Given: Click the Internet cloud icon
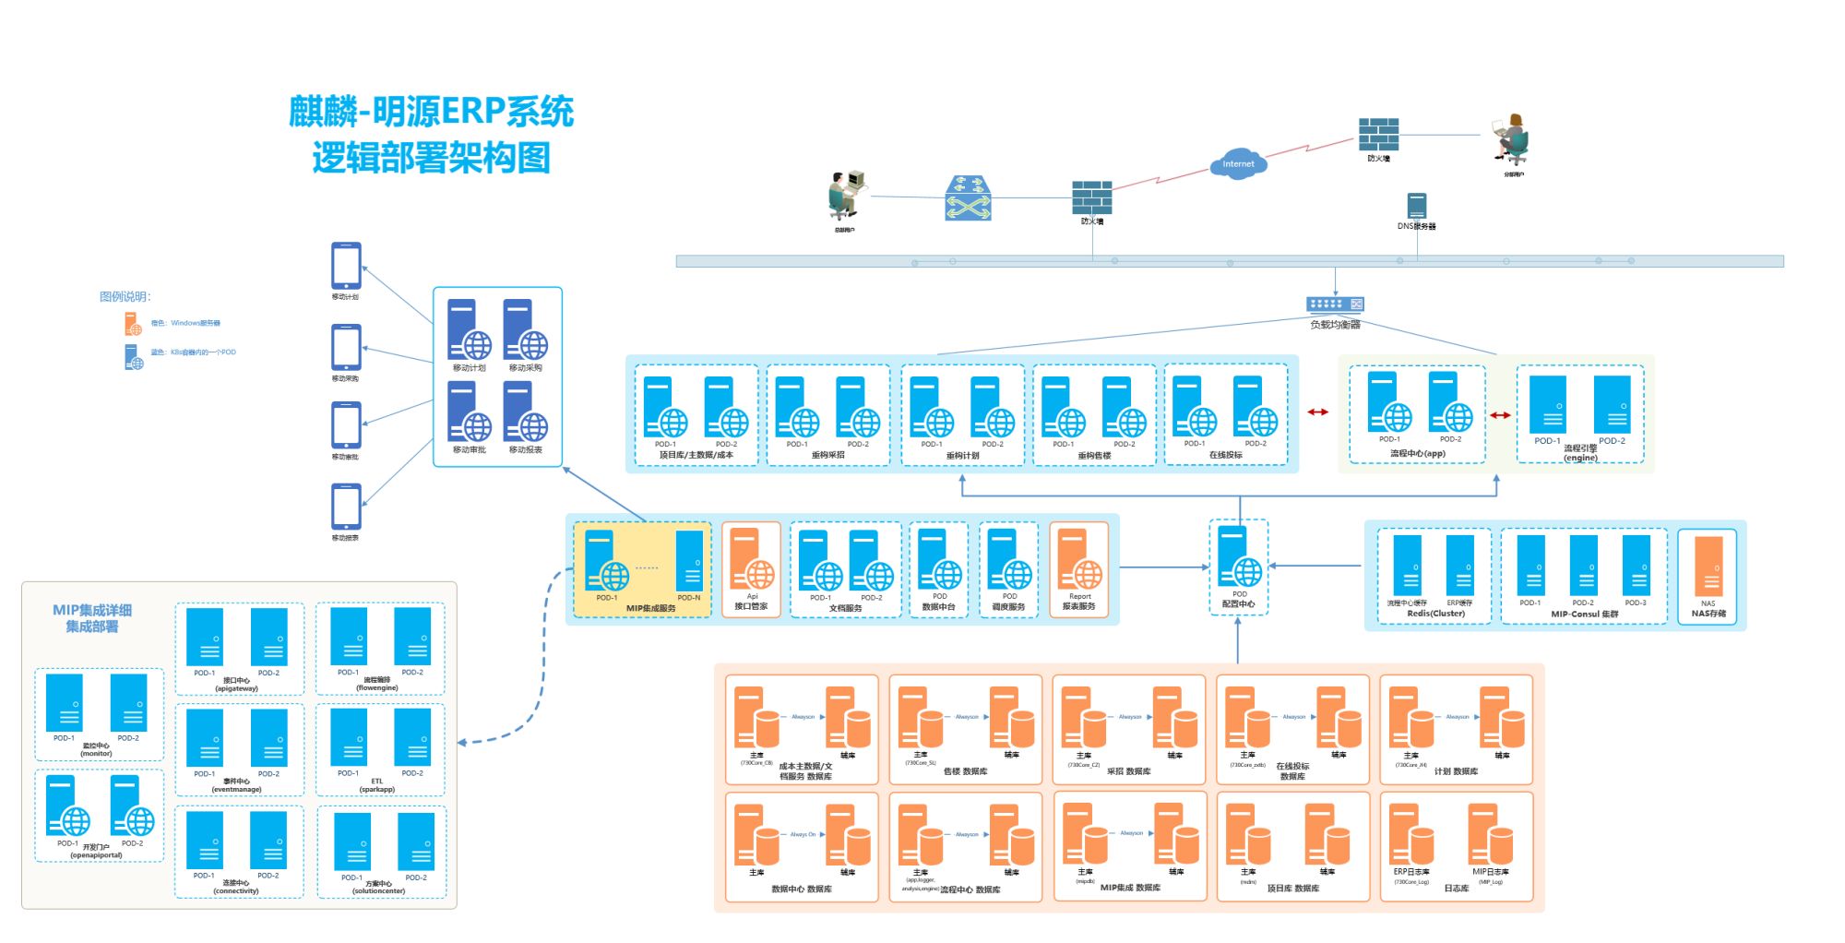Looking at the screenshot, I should click(x=1238, y=163).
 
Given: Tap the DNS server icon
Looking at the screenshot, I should click(x=1417, y=206).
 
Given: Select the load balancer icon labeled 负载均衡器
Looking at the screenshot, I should click(x=1335, y=304).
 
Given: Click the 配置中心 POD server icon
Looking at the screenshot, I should click(x=1239, y=558).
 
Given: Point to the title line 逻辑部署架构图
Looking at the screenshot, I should click(x=431, y=158).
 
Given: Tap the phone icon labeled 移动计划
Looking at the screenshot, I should click(x=346, y=266).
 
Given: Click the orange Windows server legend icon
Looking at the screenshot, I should click(x=133, y=324).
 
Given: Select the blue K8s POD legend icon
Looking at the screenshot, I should click(x=133, y=356).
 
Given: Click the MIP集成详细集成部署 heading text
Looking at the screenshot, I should click(x=91, y=618).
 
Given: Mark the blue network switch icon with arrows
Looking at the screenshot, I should click(x=968, y=198).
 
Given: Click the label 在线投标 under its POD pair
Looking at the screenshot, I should click(x=1225, y=455).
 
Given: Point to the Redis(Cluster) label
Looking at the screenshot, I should click(x=1435, y=614).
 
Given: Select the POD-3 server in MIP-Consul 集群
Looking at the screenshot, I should click(x=1636, y=566).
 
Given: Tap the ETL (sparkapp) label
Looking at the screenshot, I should click(x=376, y=785).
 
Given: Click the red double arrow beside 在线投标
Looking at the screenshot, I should click(x=1317, y=412).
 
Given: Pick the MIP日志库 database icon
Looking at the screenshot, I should click(x=1489, y=834).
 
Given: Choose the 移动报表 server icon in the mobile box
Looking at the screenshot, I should click(x=525, y=412).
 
